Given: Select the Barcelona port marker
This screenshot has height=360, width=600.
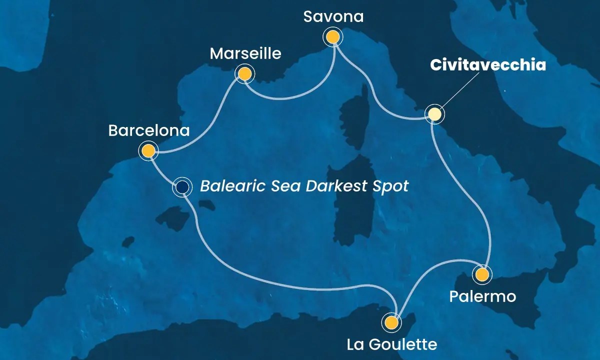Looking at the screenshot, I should [148, 150].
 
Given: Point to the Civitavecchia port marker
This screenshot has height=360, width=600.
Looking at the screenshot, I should [434, 114].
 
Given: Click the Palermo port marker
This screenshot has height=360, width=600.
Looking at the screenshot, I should [481, 274].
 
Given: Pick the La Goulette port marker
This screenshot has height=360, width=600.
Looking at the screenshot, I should [391, 322].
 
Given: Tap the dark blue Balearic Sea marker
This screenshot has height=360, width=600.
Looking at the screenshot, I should [182, 187].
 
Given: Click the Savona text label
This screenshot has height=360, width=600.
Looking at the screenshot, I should [333, 17].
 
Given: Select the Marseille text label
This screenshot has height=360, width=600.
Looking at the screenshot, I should [245, 53].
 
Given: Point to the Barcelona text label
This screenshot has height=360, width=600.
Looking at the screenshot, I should [149, 131].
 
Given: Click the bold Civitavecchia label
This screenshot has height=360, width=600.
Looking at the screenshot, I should [487, 65].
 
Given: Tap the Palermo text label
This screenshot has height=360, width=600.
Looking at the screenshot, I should [482, 296].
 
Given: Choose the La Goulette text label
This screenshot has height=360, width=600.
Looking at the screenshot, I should [392, 344].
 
